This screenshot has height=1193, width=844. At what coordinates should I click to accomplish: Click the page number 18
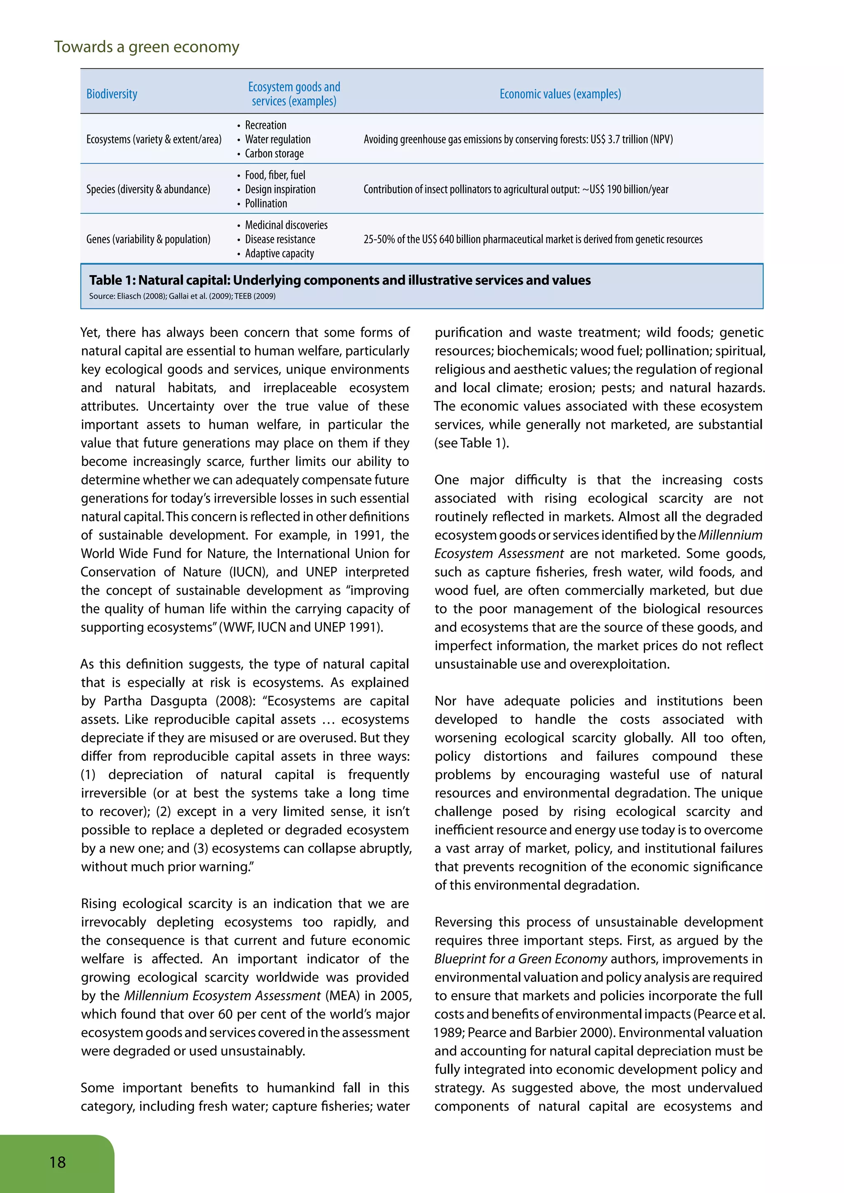58,1162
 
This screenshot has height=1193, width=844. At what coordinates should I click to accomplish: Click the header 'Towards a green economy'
147,47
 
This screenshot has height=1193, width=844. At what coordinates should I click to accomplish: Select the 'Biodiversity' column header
112,94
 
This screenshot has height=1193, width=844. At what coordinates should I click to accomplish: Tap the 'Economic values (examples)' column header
560,94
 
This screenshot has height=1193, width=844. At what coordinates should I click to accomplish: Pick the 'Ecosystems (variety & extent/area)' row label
154,139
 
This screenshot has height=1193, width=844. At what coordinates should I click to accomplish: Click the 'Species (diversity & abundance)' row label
148,189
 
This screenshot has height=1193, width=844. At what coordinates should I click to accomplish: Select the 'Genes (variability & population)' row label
148,239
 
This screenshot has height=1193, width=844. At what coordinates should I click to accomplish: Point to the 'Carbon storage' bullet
274,154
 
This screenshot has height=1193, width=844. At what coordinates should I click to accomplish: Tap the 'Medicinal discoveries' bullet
286,225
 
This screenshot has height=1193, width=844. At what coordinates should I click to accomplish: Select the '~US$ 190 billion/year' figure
625,189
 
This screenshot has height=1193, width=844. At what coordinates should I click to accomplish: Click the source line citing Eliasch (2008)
182,296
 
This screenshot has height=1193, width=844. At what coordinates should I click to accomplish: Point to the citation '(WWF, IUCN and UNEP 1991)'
301,627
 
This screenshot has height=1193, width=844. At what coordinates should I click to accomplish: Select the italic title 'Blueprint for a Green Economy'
521,959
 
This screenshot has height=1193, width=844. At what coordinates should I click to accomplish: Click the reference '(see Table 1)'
471,443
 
